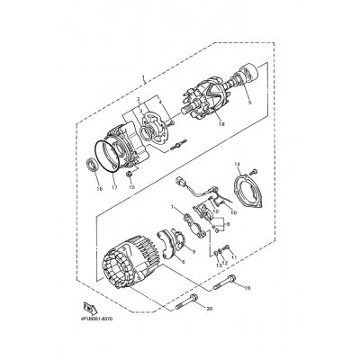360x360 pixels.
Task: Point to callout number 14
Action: pyautogui.click(x=238, y=165)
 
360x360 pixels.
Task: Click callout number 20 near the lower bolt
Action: pyautogui.click(x=209, y=309)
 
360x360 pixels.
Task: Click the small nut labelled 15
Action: pyautogui.click(x=130, y=173)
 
